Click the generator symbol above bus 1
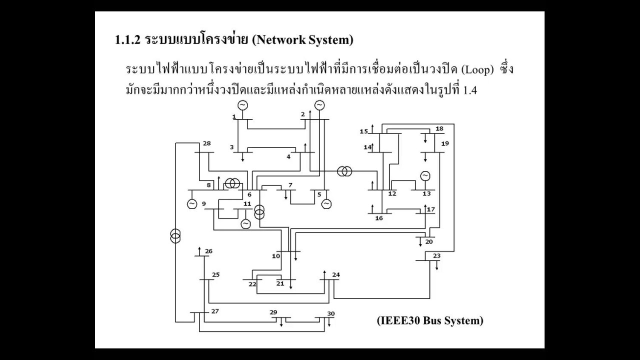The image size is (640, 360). coord(242,105)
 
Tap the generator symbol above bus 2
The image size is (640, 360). coord(319,105)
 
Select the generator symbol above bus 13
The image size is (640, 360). coord(425,175)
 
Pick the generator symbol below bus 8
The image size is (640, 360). coord(192,203)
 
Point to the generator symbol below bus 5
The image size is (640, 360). coord(326,203)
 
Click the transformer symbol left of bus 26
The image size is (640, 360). coord(175,235)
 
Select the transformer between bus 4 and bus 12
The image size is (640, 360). coord(343,171)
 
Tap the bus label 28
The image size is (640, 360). coord(206,144)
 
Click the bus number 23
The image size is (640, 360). coord(436,256)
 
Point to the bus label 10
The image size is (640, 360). coord(276,256)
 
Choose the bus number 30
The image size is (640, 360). coord(330,313)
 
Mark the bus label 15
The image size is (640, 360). coord(364,131)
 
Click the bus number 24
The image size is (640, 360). coord(335,275)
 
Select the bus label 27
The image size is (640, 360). coord(215,311)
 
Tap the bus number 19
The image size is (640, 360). coord(445,143)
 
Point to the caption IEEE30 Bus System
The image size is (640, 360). coord(430,320)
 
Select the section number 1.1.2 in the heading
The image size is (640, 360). coord(127,40)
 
